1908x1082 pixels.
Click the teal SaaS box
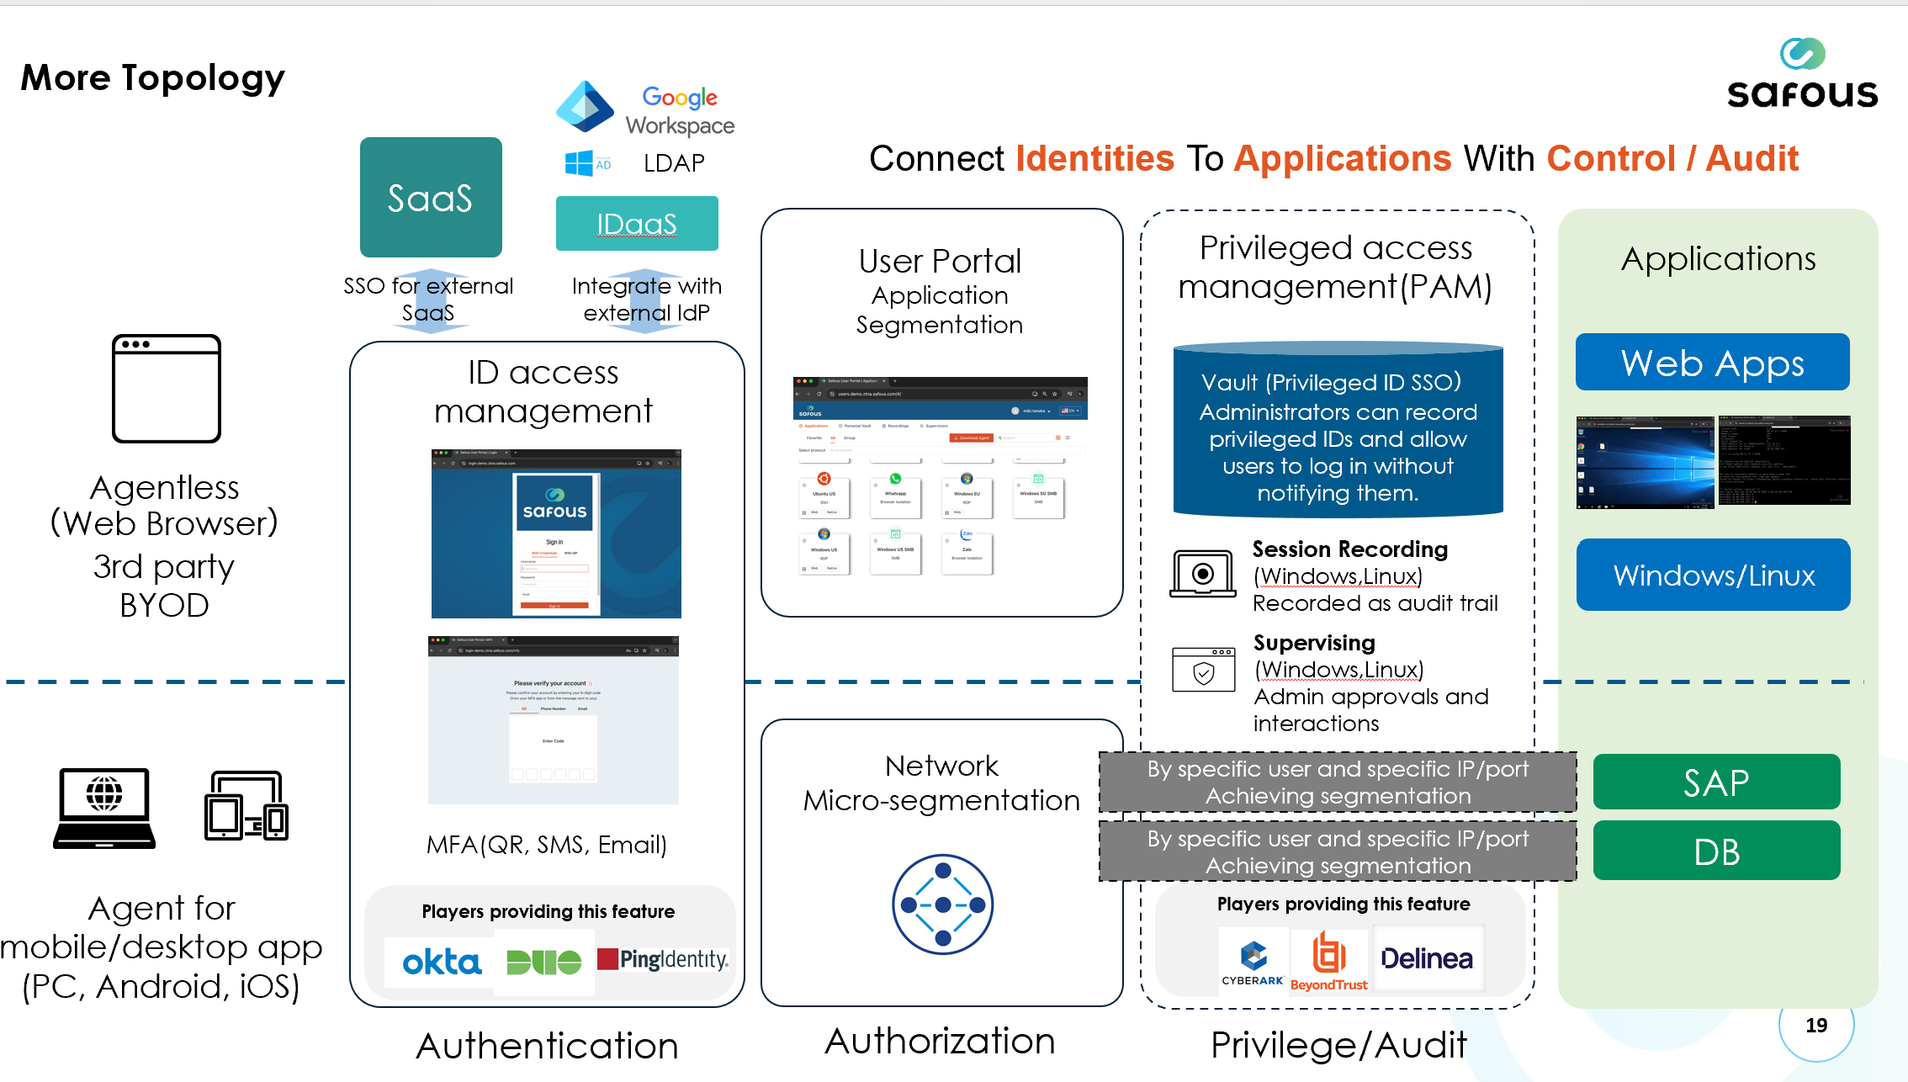tap(431, 197)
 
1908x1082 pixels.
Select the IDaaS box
tap(637, 224)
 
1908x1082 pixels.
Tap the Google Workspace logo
tap(645, 109)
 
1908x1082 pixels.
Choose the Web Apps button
tap(1712, 363)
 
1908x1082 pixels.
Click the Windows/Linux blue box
tap(1713, 575)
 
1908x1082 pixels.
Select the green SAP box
tap(1716, 782)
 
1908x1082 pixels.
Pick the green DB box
tap(1716, 851)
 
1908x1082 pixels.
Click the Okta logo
tap(442, 962)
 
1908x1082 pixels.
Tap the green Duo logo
tap(543, 962)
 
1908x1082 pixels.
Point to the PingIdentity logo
tap(663, 959)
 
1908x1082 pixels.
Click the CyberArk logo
tap(1253, 962)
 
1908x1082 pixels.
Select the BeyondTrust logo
tap(1329, 962)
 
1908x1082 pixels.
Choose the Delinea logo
tap(1427, 959)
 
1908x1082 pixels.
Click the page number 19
tap(1816, 1026)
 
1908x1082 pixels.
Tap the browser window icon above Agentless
tap(167, 388)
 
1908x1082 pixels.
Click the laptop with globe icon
tap(104, 808)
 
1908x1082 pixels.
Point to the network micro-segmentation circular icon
tap(942, 904)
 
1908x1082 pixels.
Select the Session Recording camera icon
tap(1203, 574)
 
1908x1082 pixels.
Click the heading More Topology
tap(153, 77)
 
